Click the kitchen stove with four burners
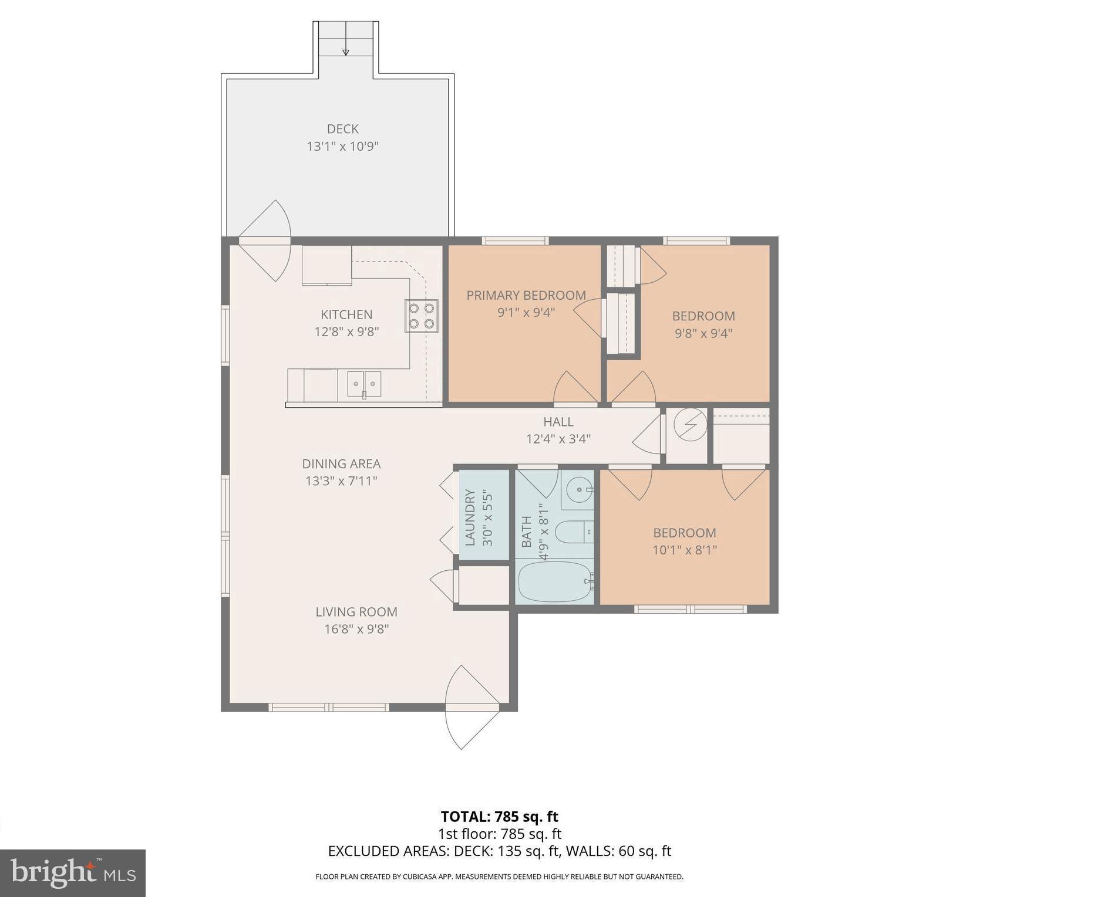coord(421,316)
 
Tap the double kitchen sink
coord(364,384)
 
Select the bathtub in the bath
coord(555,581)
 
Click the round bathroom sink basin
coord(580,489)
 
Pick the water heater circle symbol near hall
coord(690,424)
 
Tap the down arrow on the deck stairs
coord(346,52)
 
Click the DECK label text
coord(342,128)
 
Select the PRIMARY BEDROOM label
coord(526,295)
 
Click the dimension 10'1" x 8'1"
coord(685,550)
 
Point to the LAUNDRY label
coord(470,518)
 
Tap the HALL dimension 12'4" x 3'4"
coord(558,438)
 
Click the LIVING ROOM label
coord(356,611)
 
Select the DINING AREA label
coord(341,463)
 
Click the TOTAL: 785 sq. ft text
coord(499,816)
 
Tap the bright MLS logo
coord(72,873)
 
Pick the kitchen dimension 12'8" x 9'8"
coord(346,331)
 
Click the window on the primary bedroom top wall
coord(515,241)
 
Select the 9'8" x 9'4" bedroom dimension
coord(703,333)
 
